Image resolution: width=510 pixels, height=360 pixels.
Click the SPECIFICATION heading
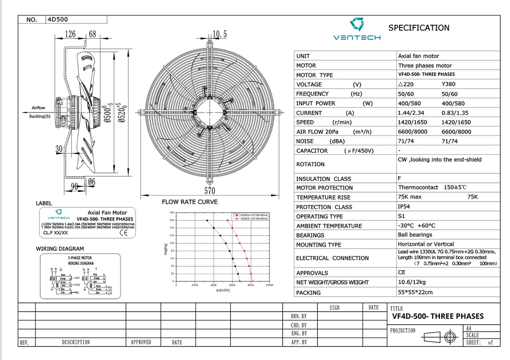tap(418, 28)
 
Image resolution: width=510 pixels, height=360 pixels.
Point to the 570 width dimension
tap(209, 190)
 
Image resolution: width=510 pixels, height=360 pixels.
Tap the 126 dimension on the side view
tap(70, 34)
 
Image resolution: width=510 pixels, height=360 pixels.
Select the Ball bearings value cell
tap(415, 235)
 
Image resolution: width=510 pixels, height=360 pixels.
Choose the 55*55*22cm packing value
tap(415, 292)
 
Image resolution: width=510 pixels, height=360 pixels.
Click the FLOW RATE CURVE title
tap(189, 202)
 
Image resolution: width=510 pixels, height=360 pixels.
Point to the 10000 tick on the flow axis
tap(269, 285)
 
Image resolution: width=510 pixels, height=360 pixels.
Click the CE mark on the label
tap(124, 232)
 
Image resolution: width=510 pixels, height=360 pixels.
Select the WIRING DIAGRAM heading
tap(60, 248)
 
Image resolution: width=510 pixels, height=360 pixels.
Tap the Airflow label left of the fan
tap(38, 108)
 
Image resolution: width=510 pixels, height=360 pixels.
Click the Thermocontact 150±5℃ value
tap(432, 188)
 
